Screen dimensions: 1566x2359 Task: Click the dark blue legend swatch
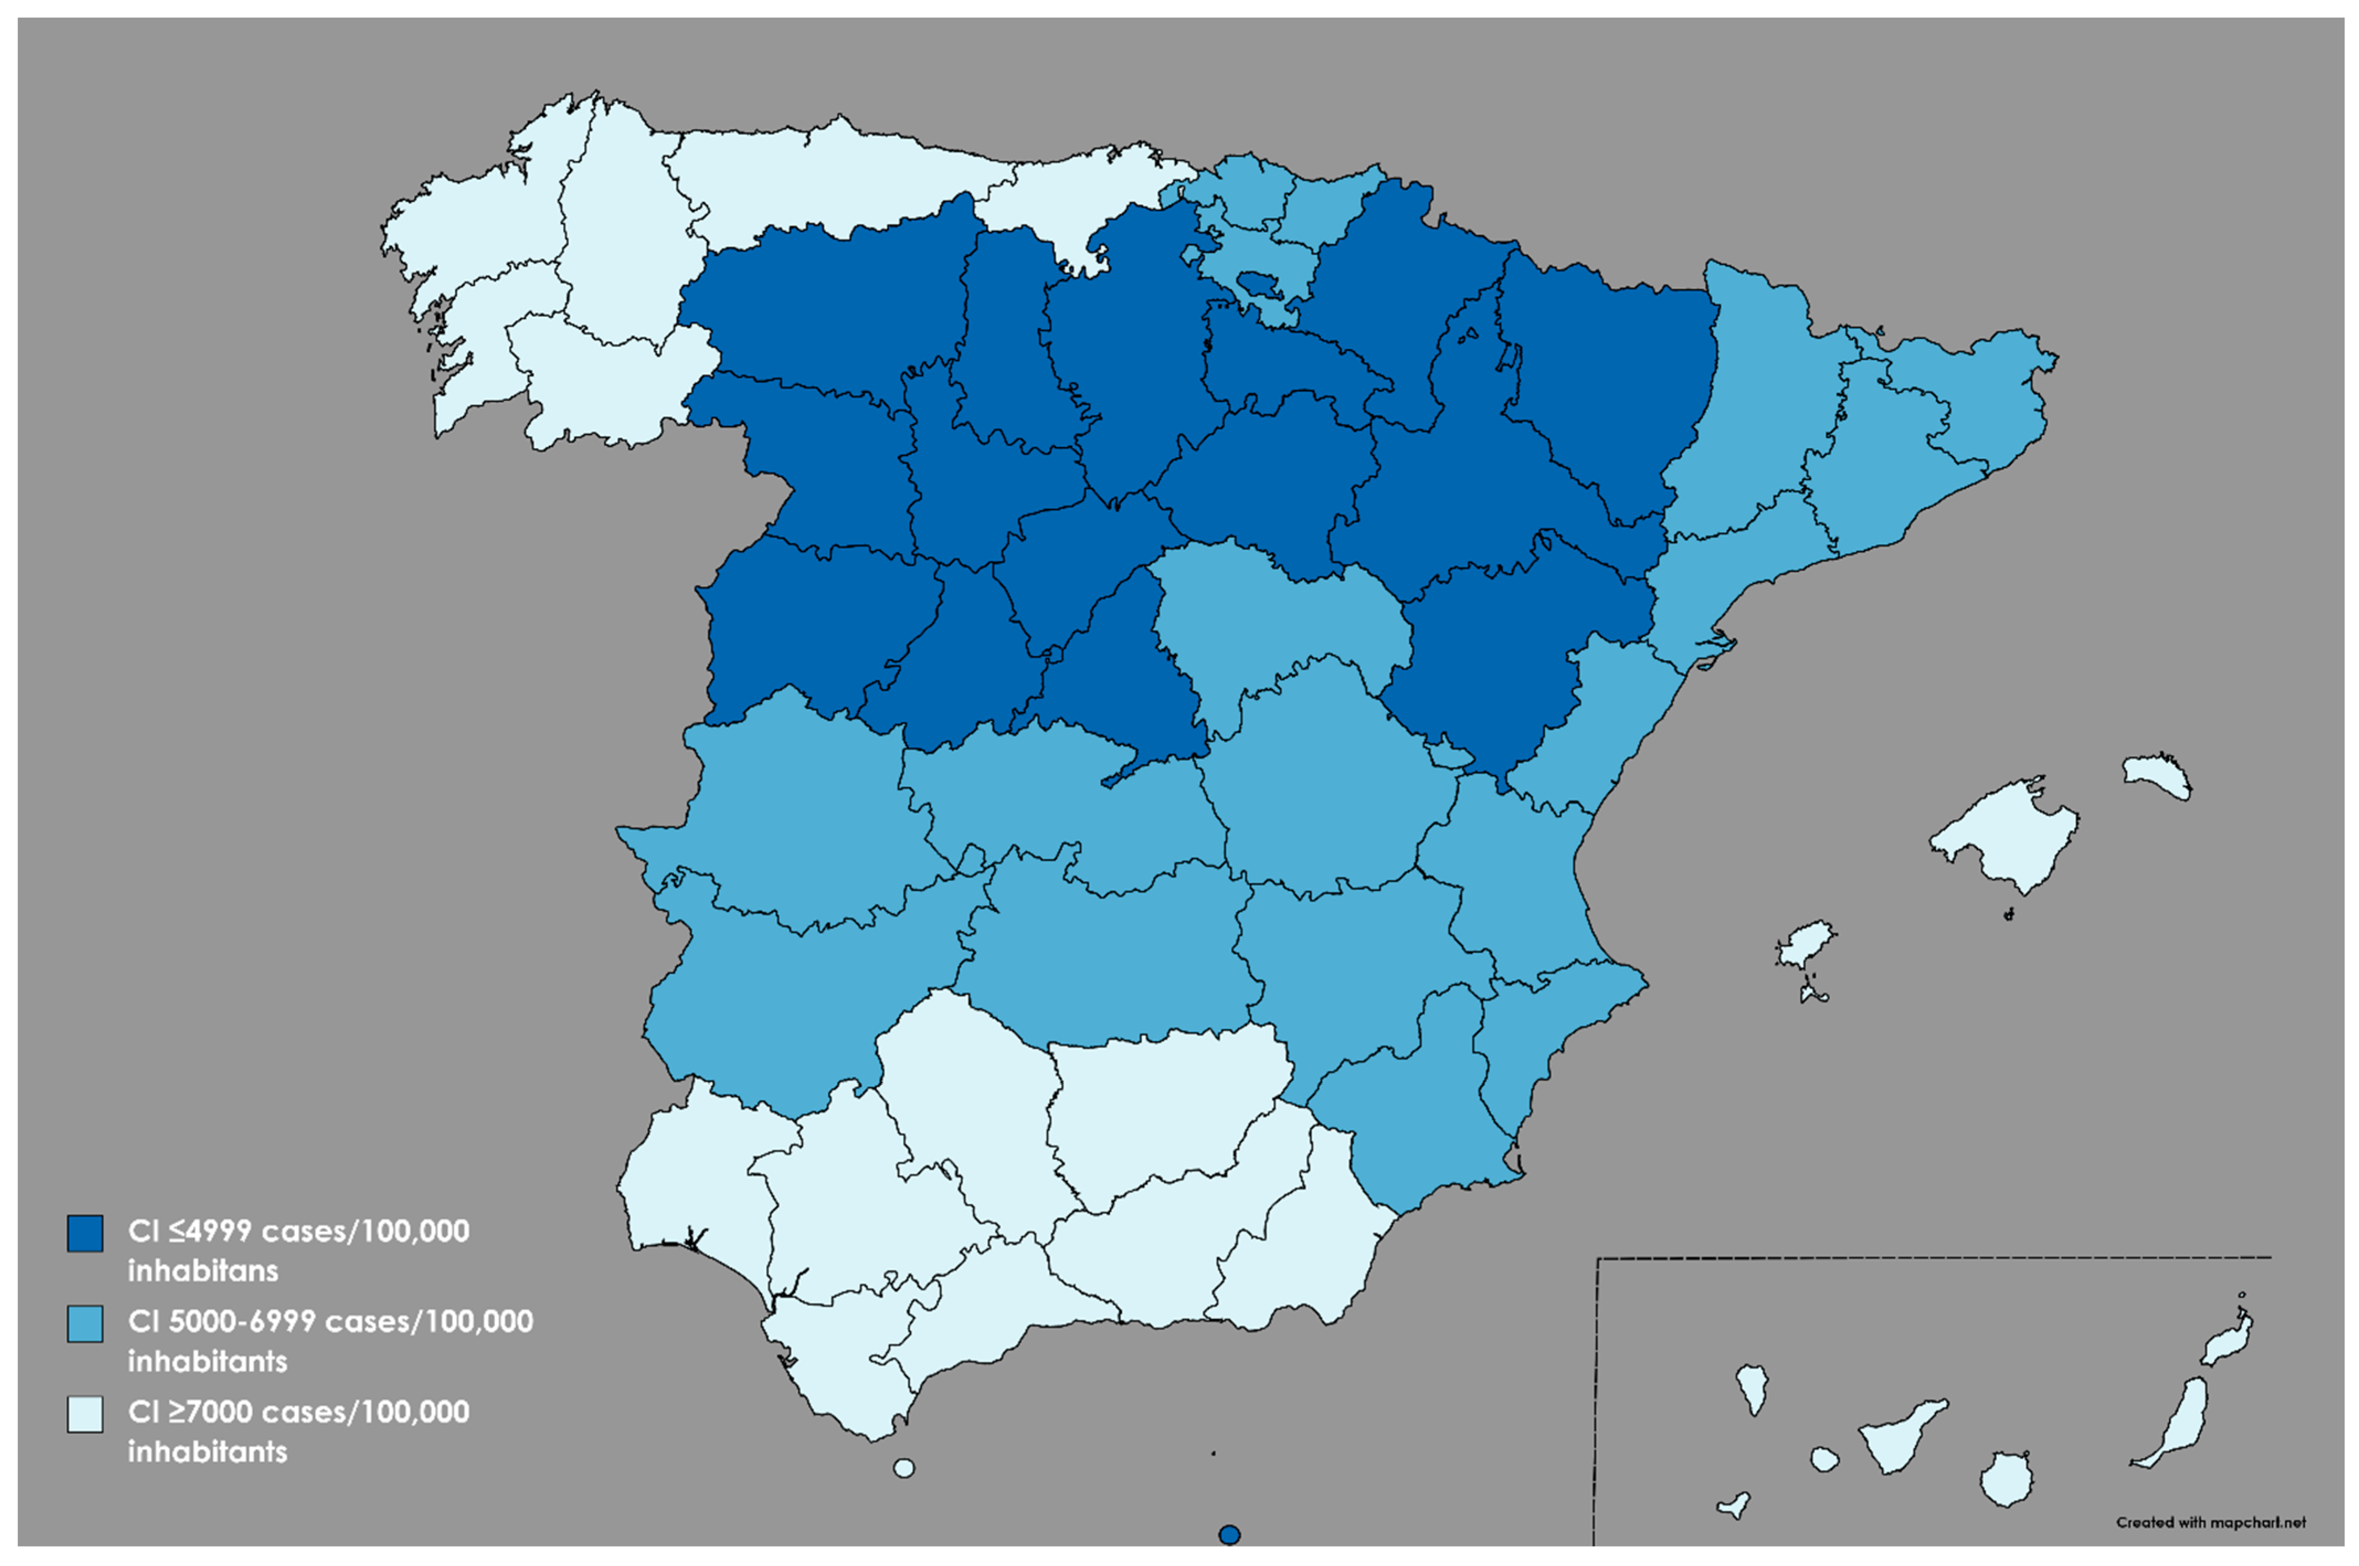tap(85, 1233)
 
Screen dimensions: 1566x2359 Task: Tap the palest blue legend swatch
tap(85, 1414)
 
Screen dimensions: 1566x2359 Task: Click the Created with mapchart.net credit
tap(2210, 1522)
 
